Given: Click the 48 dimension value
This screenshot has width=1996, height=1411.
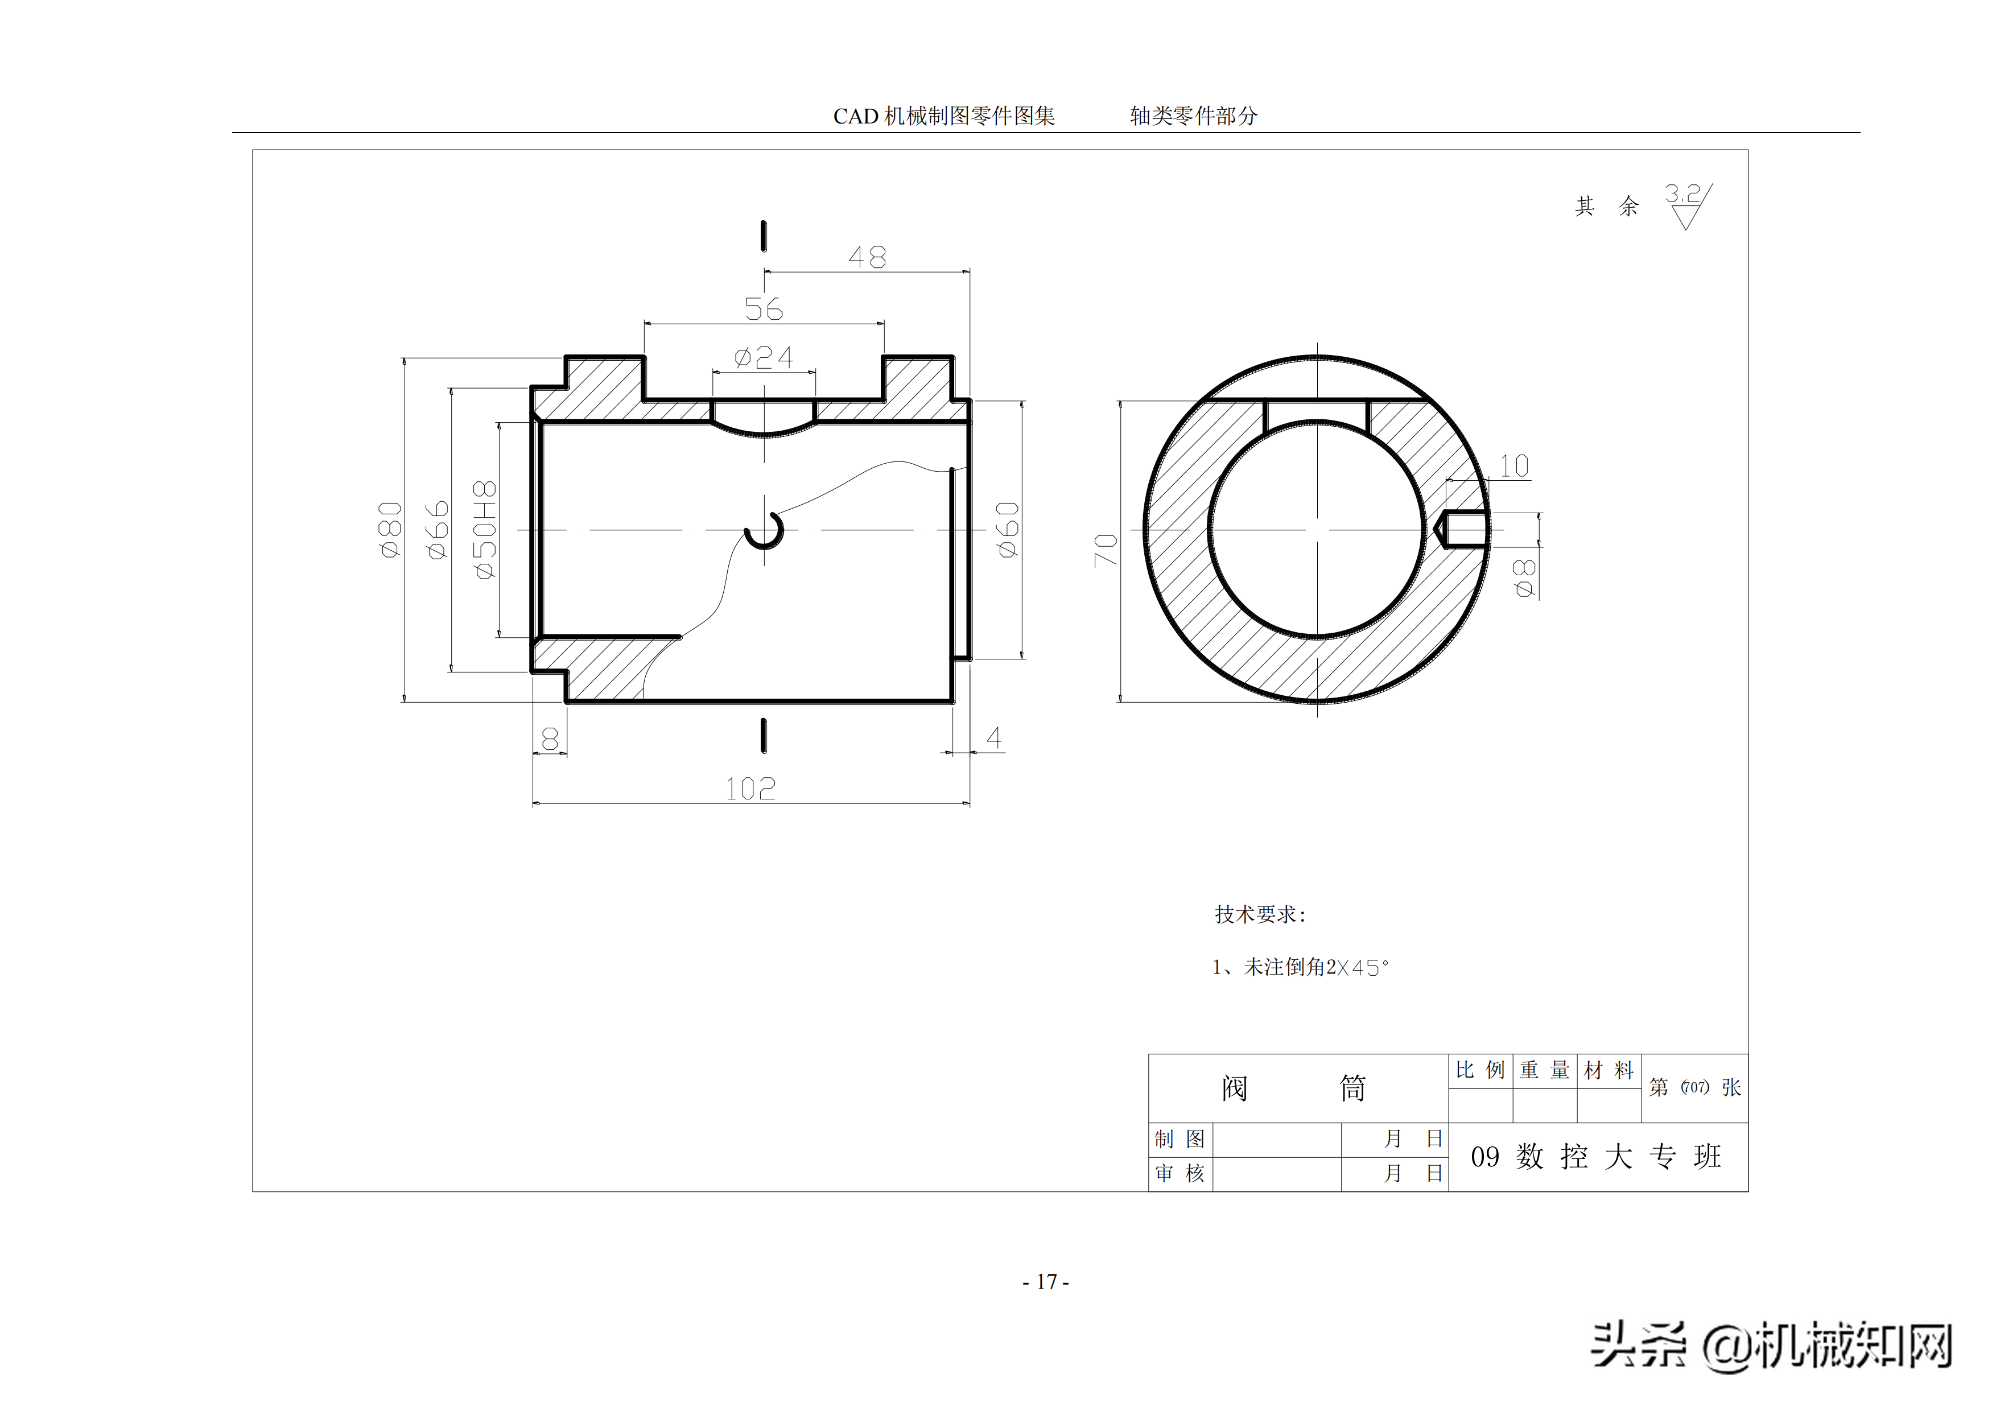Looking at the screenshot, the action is coord(867,257).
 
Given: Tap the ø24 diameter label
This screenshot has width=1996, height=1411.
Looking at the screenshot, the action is coord(763,357).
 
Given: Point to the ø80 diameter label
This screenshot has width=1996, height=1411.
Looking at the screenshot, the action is coord(390,530).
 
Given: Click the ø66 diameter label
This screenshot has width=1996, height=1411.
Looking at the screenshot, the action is coord(438,530).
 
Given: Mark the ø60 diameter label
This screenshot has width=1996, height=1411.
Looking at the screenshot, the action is coord(1008,530).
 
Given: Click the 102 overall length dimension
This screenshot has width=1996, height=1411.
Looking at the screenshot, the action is coord(750,789).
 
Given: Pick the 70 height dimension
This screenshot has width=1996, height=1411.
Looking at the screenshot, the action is coord(1105,550).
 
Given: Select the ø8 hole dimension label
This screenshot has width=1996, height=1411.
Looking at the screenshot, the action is coord(1524,578).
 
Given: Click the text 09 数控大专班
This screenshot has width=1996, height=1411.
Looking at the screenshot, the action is coord(1595,1156).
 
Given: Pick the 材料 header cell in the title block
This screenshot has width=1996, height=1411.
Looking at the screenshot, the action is coord(1609,1070).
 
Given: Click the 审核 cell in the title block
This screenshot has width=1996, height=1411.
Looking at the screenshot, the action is coord(1180,1174).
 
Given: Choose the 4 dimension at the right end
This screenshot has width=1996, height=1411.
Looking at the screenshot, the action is coord(993,738).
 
